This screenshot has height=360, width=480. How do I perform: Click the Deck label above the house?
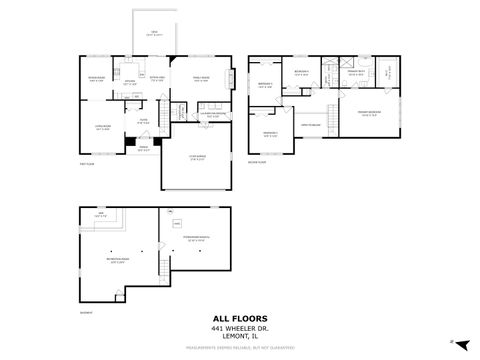click(154, 34)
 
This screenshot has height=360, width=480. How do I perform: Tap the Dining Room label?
click(97, 79)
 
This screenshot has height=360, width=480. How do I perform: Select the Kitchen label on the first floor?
click(130, 85)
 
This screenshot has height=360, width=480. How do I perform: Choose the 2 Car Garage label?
click(198, 157)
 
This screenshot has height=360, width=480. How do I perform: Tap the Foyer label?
click(143, 122)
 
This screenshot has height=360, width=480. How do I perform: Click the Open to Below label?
click(311, 123)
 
